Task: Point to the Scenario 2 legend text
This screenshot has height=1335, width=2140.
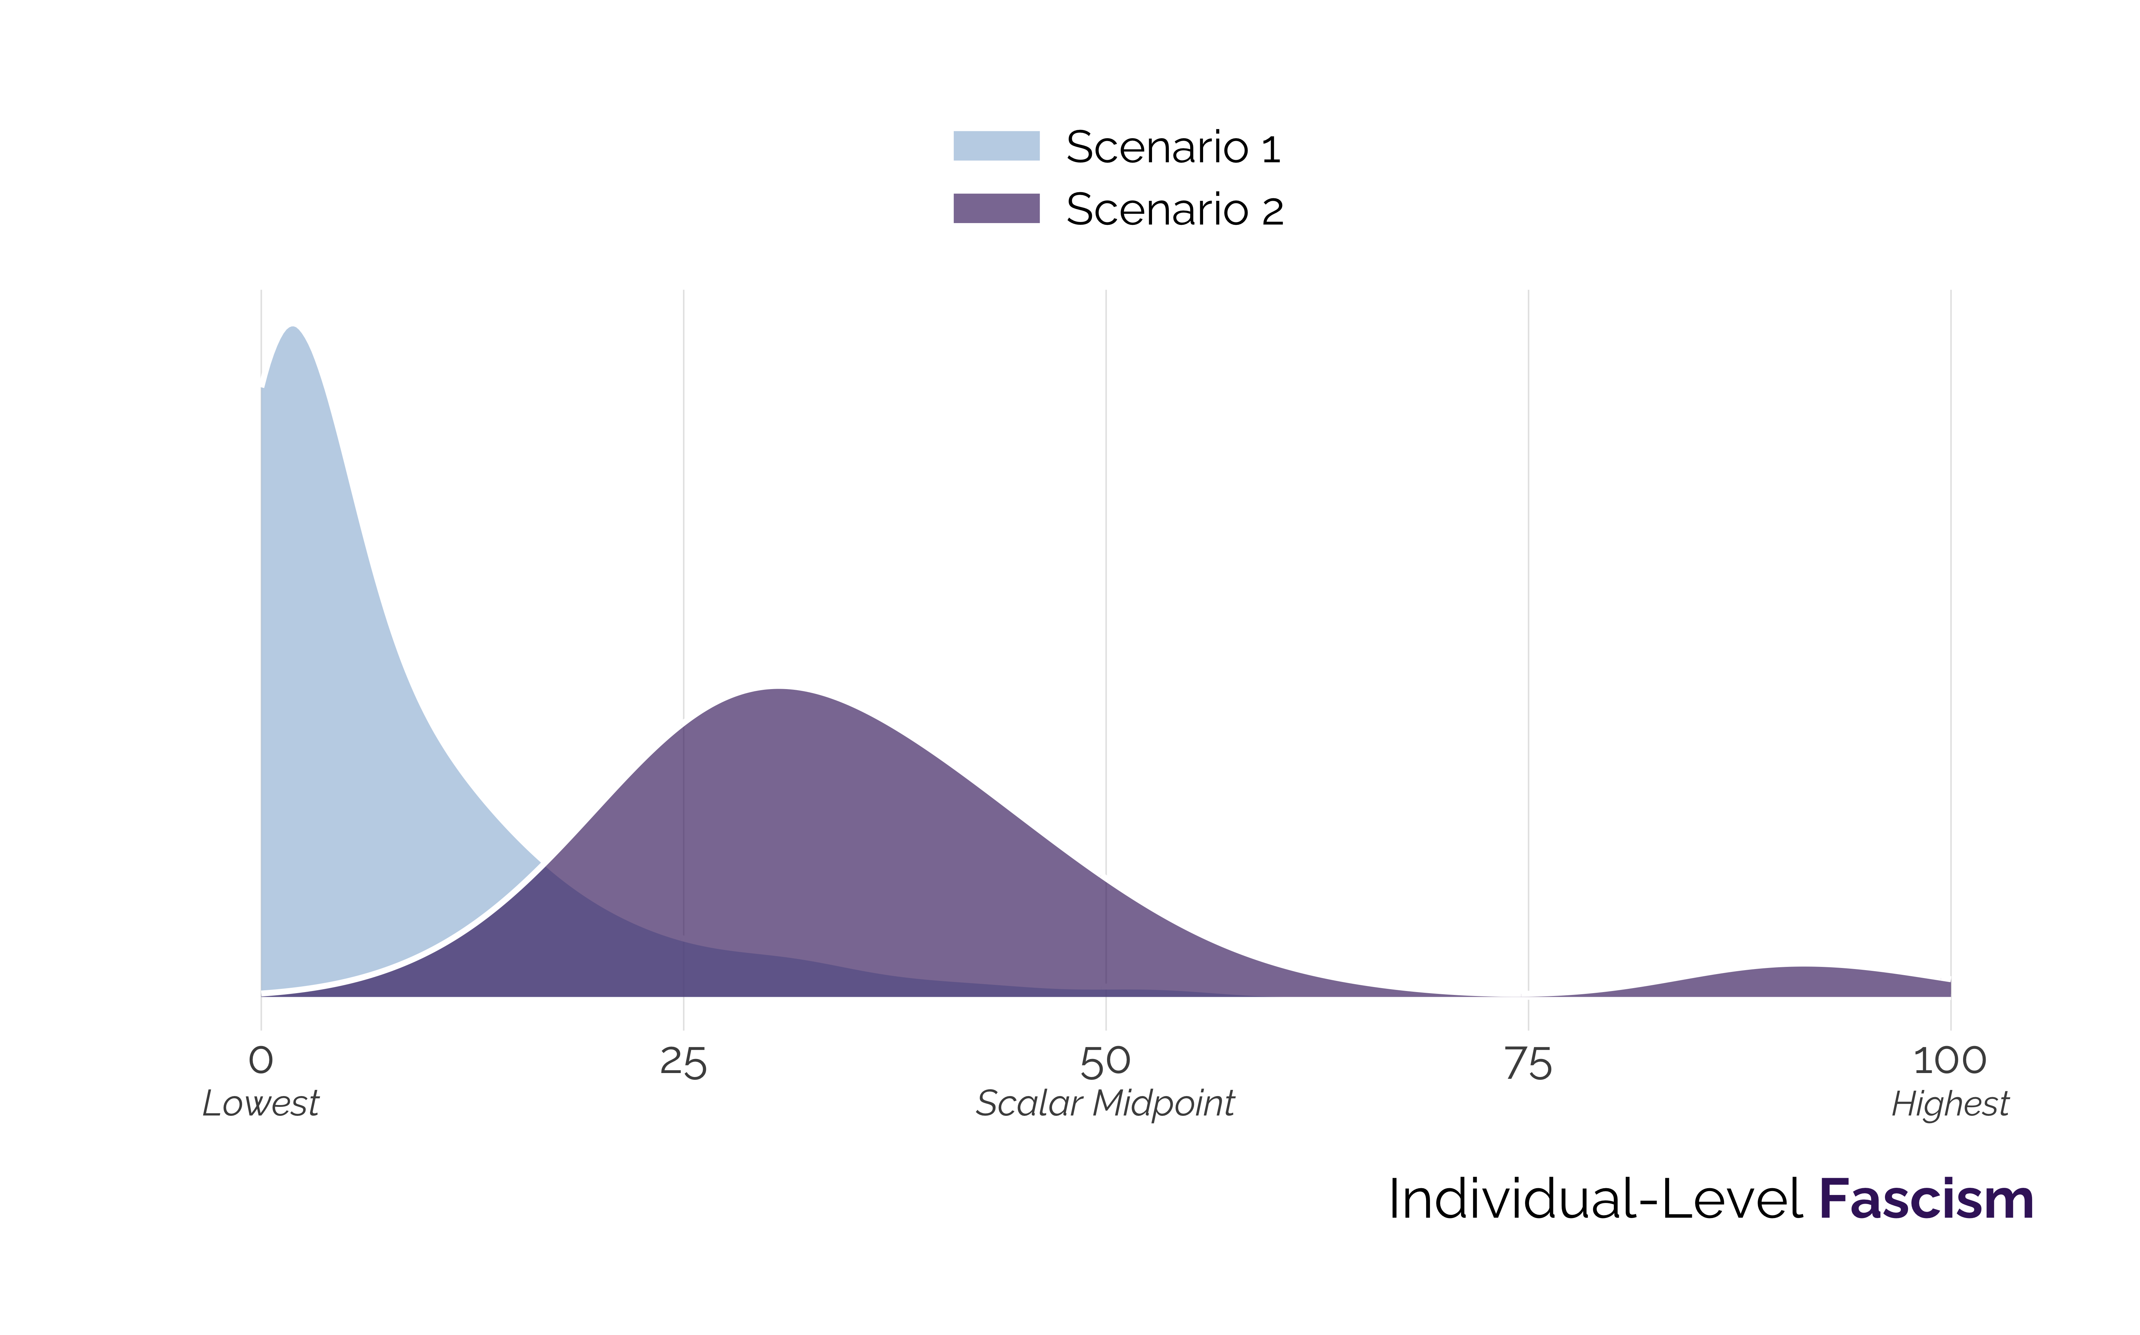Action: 1174,210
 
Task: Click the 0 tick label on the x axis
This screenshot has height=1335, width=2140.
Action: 261,1060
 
